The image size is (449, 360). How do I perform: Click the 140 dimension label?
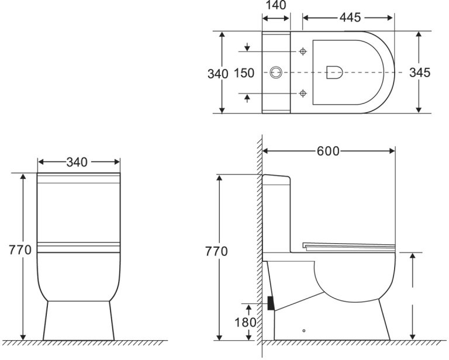tap(276, 5)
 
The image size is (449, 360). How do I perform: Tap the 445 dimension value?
tap(350, 18)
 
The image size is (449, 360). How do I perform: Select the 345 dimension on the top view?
tap(420, 72)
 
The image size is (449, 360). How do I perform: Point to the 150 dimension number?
tap(244, 73)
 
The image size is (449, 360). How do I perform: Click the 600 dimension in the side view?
tap(328, 151)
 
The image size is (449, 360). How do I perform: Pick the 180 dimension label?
tap(246, 323)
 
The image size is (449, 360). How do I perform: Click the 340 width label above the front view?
tap(77, 162)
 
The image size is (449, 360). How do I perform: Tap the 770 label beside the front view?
tap(20, 250)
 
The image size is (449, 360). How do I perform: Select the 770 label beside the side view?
tap(216, 251)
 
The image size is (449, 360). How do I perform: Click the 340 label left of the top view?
tap(218, 74)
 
